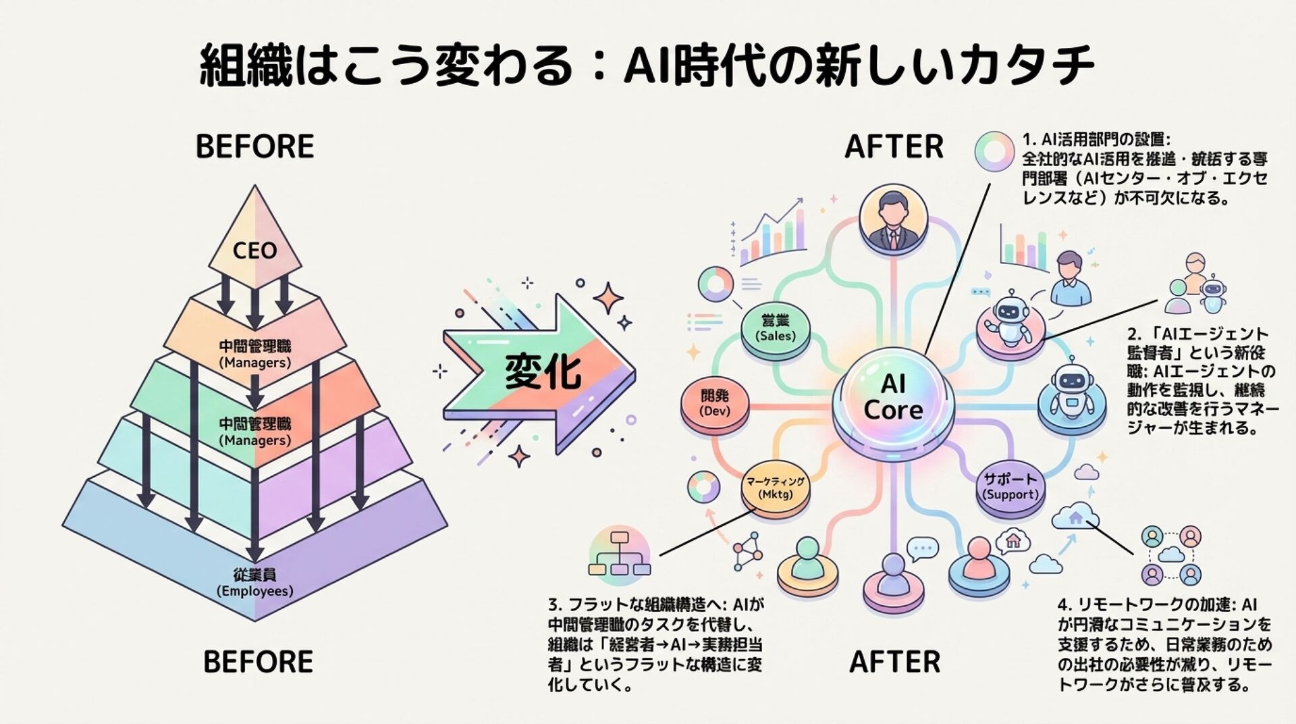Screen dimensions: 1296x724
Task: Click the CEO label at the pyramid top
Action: (254, 251)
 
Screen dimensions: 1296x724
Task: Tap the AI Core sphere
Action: (892, 398)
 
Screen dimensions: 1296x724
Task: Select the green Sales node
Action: (776, 328)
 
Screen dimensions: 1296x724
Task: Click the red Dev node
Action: (715, 403)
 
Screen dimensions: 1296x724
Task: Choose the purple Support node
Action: (1010, 486)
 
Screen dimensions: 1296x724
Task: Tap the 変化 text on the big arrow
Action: (543, 371)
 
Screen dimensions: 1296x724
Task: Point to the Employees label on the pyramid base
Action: (254, 583)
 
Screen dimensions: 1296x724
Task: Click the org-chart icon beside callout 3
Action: (619, 554)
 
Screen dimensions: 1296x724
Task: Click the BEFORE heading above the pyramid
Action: (254, 147)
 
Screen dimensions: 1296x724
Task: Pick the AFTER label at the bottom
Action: (894, 662)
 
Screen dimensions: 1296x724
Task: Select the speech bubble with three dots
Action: (922, 548)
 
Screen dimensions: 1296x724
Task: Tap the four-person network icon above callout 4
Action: (1171, 555)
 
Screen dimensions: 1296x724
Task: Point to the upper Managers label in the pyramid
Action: (254, 354)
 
